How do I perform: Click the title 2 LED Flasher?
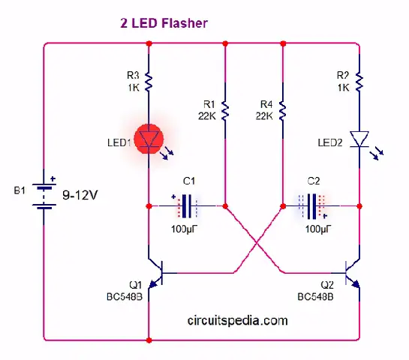point(164,23)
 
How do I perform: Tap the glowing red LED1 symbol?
point(149,139)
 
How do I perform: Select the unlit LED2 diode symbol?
point(359,139)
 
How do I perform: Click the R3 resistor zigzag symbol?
point(149,82)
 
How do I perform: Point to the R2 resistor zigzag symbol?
point(359,82)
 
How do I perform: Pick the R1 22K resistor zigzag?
point(225,111)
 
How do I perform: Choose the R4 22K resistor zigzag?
point(283,111)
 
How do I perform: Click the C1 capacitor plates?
point(187,206)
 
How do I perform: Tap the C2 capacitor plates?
point(312,206)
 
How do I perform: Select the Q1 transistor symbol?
point(156,274)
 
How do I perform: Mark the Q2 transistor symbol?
point(353,274)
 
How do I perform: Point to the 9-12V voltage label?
point(80,195)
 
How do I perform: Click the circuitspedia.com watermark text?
point(237,320)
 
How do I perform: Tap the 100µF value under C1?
point(184,229)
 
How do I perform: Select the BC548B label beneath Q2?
point(315,297)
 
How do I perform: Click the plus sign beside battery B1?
point(53,178)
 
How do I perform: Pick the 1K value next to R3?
point(134,88)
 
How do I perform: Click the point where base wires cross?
point(257,243)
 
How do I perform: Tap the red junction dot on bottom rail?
point(149,340)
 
